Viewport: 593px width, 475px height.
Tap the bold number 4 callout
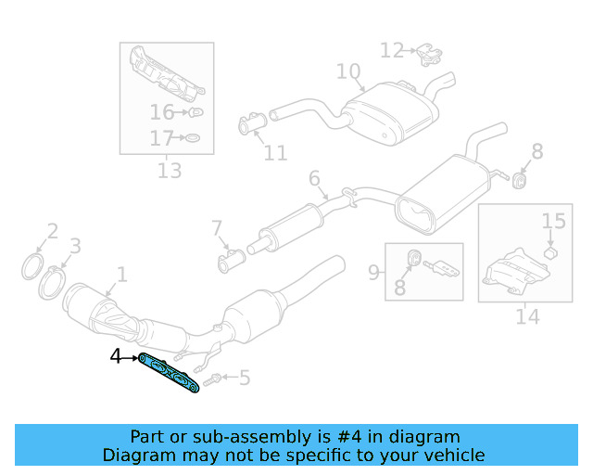click(116, 355)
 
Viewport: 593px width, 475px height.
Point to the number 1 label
click(120, 274)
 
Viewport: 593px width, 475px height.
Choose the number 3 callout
click(75, 246)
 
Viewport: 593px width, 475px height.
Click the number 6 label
click(314, 177)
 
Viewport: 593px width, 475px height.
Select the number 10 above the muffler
click(347, 71)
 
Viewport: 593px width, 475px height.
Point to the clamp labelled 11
click(253, 123)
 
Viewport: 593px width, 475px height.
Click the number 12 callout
click(392, 50)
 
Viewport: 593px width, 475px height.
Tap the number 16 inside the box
click(162, 113)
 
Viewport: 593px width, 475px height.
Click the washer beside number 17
click(192, 139)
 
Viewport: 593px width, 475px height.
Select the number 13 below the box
click(170, 171)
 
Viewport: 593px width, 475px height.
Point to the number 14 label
click(526, 316)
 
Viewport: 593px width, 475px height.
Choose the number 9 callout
click(374, 272)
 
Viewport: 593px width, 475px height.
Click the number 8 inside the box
click(399, 288)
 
